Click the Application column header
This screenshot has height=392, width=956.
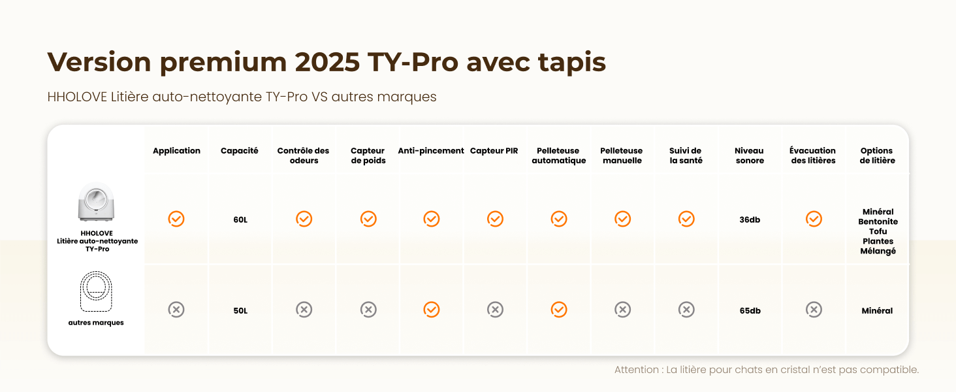[176, 151]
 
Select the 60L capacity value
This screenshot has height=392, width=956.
[240, 220]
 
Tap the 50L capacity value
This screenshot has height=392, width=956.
[240, 311]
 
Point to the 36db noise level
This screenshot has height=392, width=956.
[750, 220]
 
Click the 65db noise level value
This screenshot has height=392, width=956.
[750, 311]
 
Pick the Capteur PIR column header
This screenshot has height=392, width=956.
[494, 151]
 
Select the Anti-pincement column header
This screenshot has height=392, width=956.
[431, 151]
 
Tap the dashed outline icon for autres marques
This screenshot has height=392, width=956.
[97, 291]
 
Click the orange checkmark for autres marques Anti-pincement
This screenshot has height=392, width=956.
[431, 310]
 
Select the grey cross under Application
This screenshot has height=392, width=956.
[176, 310]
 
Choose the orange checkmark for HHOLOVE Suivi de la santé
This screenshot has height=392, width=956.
[686, 219]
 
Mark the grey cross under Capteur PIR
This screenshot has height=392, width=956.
[495, 310]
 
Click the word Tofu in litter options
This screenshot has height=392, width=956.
[878, 231]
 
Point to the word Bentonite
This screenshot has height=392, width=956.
[878, 221]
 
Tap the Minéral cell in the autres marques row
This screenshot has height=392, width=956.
[877, 311]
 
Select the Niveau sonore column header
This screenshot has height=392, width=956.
[750, 155]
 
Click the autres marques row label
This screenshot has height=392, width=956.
[96, 323]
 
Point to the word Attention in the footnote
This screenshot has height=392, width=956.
[637, 370]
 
